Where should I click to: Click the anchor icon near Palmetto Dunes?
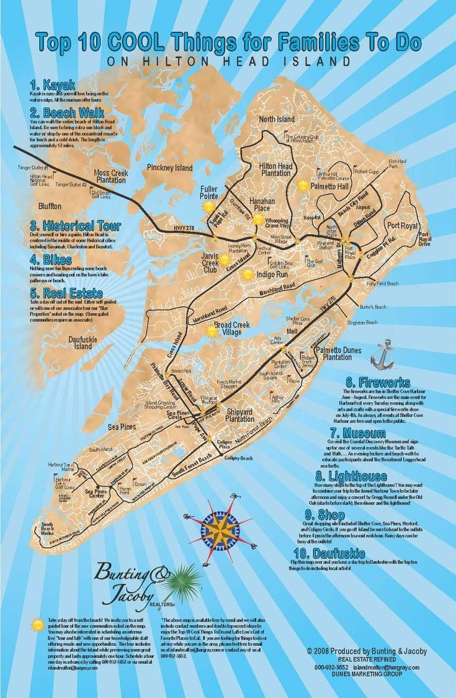coord(383,354)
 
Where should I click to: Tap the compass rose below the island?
coord(218,529)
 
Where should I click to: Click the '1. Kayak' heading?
coord(52,84)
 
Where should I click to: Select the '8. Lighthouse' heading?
coord(351,476)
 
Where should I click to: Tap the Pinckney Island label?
coord(169,168)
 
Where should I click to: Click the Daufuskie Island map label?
coord(83,342)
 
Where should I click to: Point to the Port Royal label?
coord(401,225)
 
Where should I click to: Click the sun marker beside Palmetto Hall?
coord(303,185)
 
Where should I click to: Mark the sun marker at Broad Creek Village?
coord(212,331)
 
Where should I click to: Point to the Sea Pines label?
coord(122,427)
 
